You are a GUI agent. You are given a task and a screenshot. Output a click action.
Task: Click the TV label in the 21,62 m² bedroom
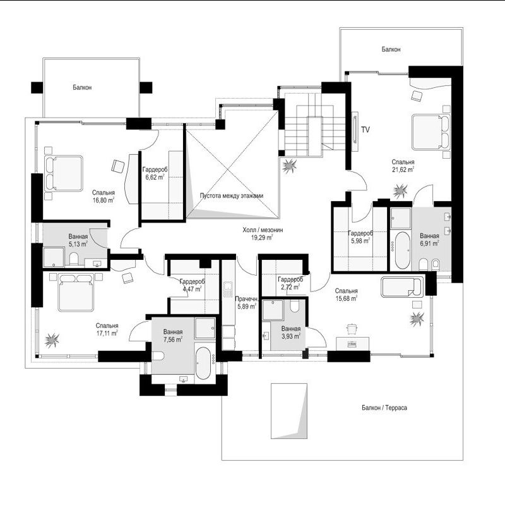click(365, 130)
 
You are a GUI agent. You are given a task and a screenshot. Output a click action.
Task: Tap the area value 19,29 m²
click(262, 238)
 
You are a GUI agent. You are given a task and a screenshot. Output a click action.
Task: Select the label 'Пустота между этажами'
click(232, 195)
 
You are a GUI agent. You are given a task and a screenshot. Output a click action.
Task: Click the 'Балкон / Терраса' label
click(384, 408)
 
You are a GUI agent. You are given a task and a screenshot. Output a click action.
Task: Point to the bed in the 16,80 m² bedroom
click(64, 173)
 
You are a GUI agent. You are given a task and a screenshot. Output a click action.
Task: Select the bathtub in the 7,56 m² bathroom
click(203, 363)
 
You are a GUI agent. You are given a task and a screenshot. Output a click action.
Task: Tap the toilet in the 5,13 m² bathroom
click(74, 259)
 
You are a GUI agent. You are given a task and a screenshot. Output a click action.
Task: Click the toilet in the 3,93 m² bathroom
click(294, 306)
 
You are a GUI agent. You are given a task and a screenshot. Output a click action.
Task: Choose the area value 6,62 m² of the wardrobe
click(155, 177)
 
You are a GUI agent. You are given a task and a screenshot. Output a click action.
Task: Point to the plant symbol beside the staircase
click(289, 166)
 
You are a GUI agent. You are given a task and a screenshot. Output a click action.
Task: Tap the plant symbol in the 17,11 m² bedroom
click(52, 341)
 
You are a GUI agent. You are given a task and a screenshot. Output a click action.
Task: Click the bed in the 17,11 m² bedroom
click(76, 292)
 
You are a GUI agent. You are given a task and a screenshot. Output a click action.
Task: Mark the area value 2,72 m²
click(289, 287)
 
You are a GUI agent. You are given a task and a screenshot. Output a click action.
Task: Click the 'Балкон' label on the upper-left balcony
click(82, 87)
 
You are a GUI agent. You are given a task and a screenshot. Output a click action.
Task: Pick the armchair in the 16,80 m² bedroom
click(118, 166)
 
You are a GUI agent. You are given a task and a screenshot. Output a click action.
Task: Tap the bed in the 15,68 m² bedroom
click(401, 287)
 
